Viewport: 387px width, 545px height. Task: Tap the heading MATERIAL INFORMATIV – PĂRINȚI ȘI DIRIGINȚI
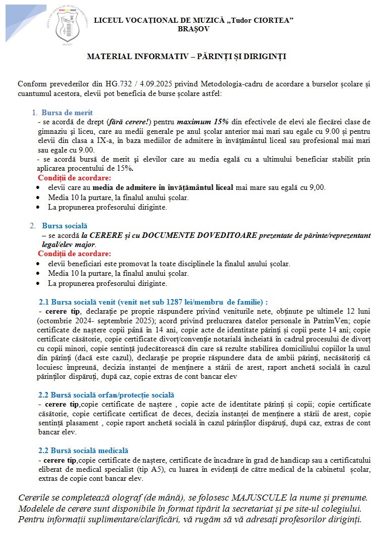click(x=186, y=57)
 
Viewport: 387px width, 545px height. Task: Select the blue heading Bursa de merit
click(x=67, y=113)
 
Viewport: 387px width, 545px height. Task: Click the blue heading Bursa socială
click(x=65, y=226)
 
